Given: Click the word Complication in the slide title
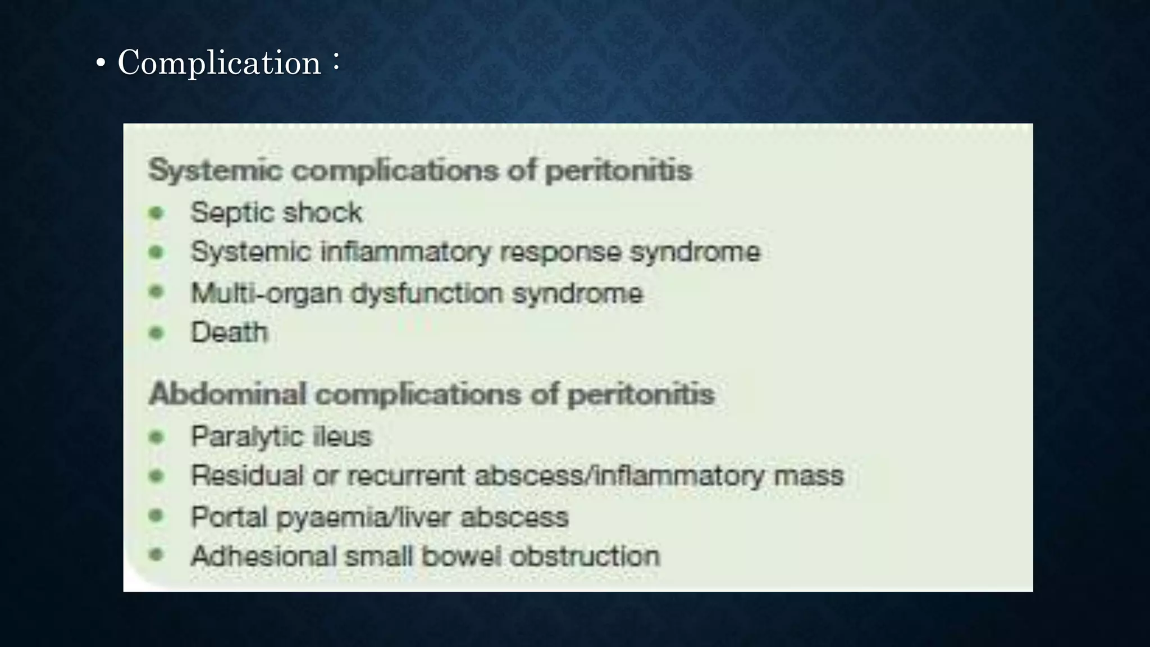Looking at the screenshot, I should pos(219,62).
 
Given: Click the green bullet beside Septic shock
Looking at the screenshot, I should pos(157,213).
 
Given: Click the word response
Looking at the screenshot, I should pos(560,252).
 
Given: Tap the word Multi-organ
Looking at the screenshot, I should pos(266,293).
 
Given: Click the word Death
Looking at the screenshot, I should pos(229,332).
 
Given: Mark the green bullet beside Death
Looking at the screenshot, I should pos(157,333).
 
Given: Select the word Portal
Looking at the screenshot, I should pos(229,517).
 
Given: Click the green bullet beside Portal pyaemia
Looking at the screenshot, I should pos(157,516).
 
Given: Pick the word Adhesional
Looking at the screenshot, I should pos(263,556).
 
